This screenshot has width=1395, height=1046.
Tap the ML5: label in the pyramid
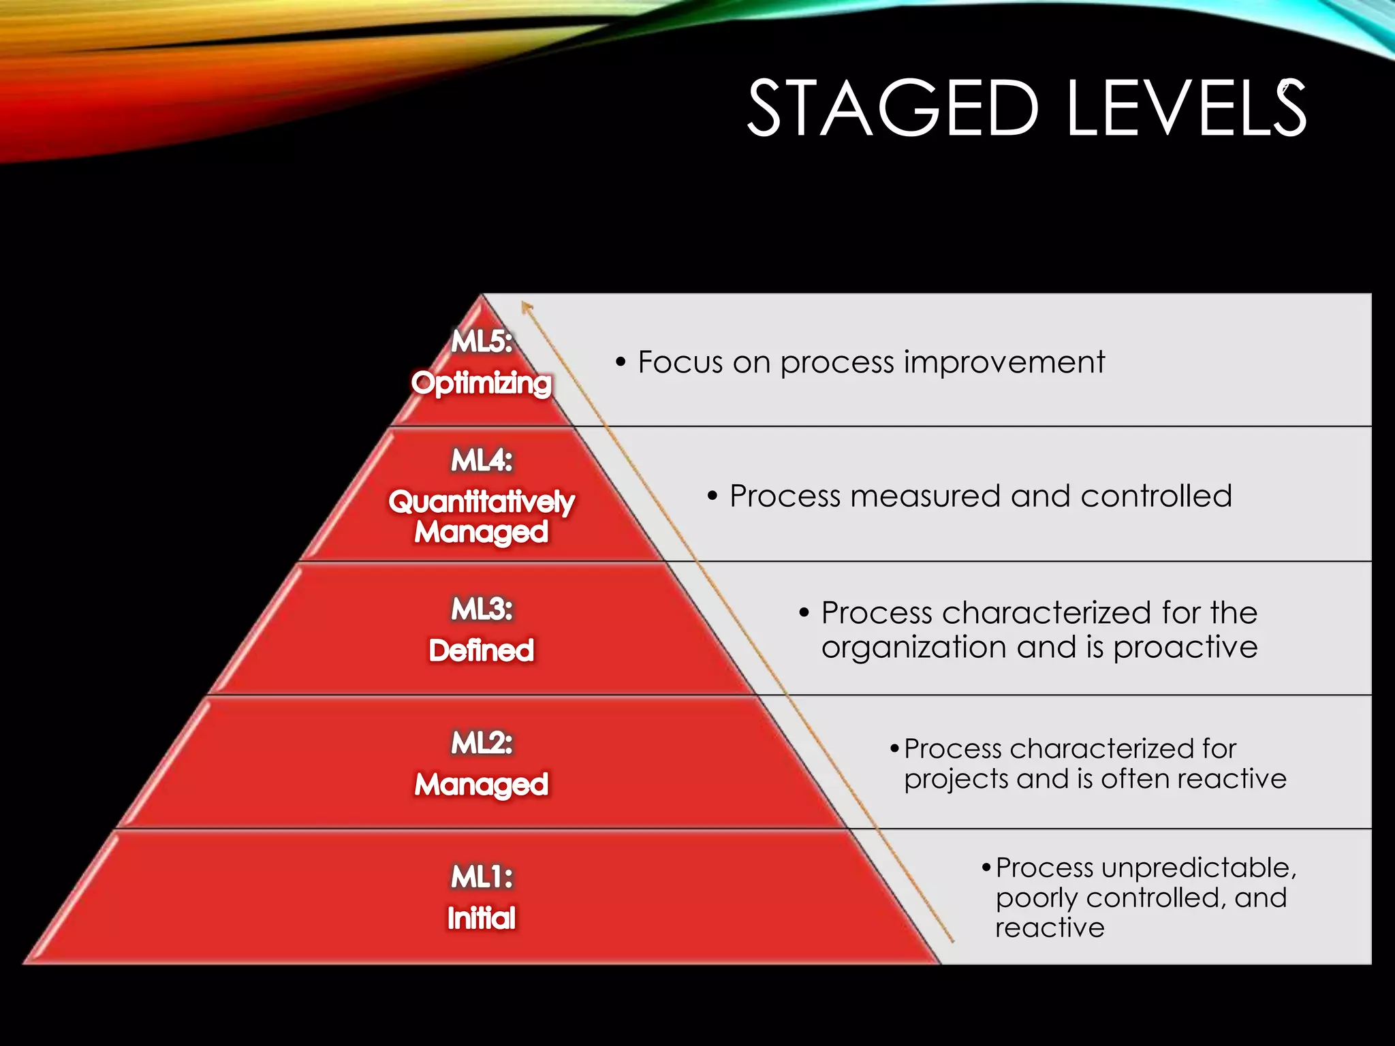(x=482, y=340)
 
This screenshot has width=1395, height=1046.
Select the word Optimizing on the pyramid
(x=482, y=383)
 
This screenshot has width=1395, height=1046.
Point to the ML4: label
(x=482, y=460)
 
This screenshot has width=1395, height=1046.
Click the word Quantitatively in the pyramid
(x=482, y=502)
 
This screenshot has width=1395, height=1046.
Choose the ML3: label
(x=482, y=609)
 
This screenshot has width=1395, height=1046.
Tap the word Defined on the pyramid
(x=482, y=650)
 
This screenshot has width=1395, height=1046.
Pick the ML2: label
(x=482, y=742)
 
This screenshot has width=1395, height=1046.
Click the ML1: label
(x=482, y=876)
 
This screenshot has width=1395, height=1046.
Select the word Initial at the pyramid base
(x=482, y=918)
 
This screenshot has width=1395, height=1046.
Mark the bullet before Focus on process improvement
(x=620, y=362)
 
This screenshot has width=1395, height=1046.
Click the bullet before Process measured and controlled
(x=712, y=496)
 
